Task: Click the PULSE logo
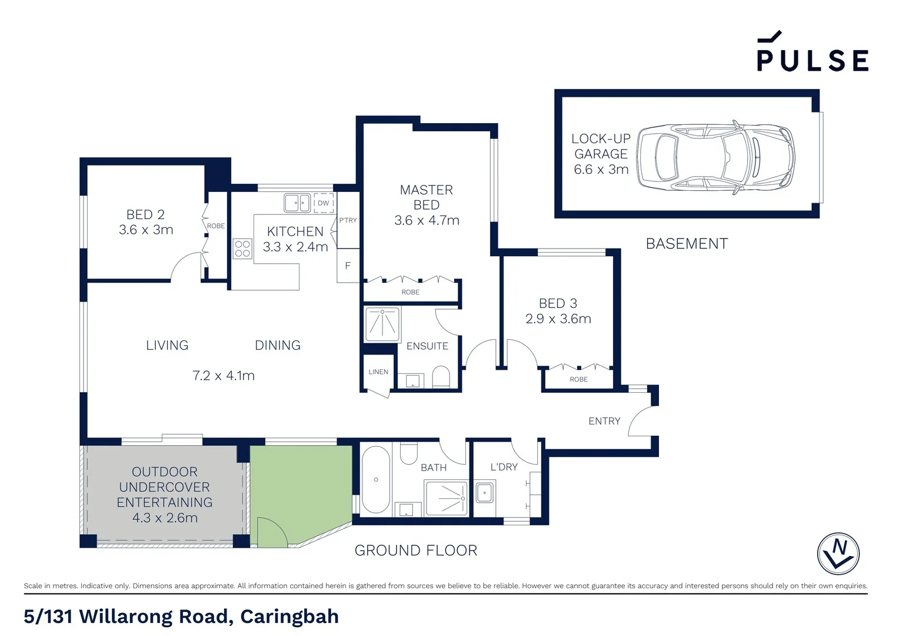pos(812,53)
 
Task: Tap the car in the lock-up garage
pos(715,157)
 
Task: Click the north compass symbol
pos(838,554)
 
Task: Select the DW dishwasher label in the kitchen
pos(323,203)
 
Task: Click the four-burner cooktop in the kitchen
pos(242,249)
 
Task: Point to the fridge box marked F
pos(348,266)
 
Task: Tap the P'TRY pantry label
pos(348,220)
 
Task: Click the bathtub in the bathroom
pos(375,480)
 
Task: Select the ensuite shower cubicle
pos(382,324)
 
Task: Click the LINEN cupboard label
pos(378,372)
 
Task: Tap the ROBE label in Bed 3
pos(578,379)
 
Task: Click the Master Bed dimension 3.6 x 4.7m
pos(427,220)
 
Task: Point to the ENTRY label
pos(604,421)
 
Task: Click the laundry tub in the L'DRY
pos(484,492)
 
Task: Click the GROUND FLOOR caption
pos(415,550)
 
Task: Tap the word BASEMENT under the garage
pos(687,244)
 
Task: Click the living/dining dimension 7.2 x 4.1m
pos(223,376)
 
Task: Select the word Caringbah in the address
pos(289,617)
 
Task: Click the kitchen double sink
pos(297,203)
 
